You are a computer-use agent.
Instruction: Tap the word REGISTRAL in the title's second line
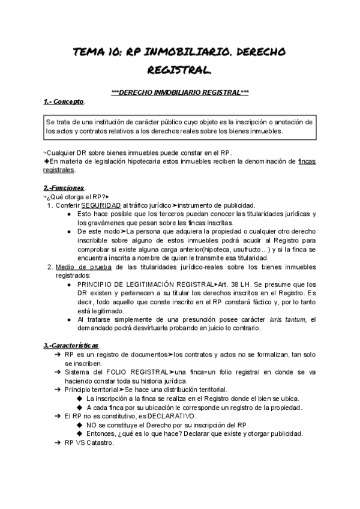pyautogui.click(x=180, y=71)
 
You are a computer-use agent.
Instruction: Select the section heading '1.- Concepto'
pyautogui.click(x=64, y=101)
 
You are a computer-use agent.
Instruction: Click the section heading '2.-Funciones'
pyautogui.click(x=64, y=188)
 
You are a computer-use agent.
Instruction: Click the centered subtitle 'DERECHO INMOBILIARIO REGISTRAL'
pyautogui.click(x=180, y=92)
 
